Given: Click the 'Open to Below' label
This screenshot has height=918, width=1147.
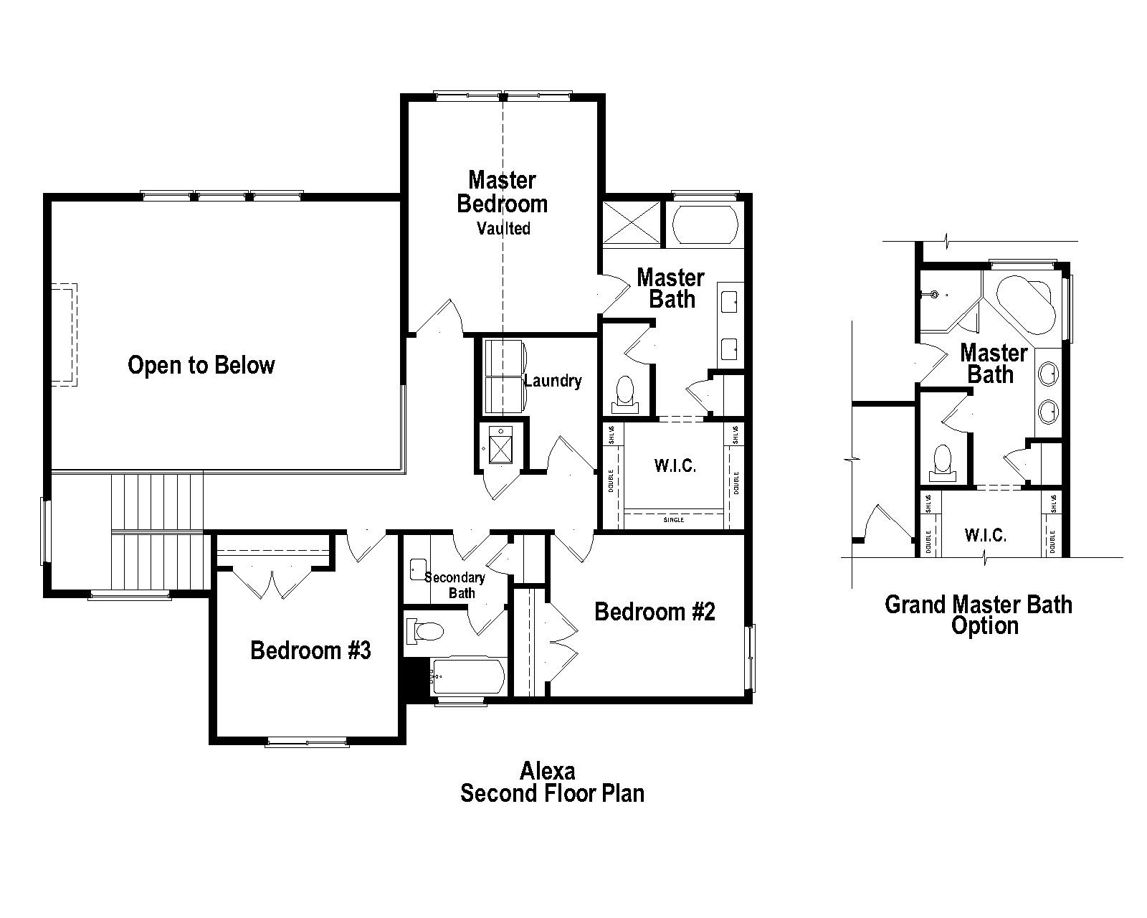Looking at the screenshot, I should click(201, 365).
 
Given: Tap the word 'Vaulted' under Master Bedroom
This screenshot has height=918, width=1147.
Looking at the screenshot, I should click(504, 229).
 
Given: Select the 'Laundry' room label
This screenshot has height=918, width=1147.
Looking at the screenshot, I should click(553, 381).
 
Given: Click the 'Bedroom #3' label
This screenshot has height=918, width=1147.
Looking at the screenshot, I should click(310, 650).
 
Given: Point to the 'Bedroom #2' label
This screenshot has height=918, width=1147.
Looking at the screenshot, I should click(655, 612).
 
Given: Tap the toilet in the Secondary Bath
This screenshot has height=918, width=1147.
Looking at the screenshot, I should click(425, 631).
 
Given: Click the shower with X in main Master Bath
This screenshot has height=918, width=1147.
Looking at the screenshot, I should click(631, 224).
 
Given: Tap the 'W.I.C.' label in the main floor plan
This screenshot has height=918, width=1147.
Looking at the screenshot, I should click(675, 466).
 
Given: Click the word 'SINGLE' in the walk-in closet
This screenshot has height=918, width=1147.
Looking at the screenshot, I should click(674, 519).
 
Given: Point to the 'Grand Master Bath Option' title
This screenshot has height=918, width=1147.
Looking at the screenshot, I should click(979, 615).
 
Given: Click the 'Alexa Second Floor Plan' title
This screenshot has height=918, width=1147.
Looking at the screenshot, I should click(551, 782).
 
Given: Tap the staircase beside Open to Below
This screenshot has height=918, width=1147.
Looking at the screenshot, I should click(158, 531).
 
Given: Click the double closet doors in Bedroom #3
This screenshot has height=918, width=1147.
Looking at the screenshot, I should click(272, 582).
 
